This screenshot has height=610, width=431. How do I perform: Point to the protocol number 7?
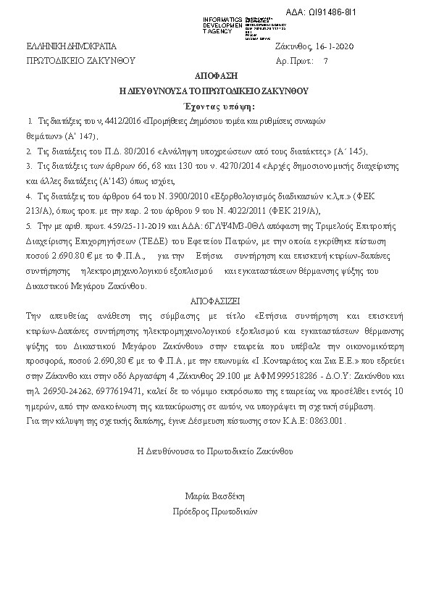(325, 62)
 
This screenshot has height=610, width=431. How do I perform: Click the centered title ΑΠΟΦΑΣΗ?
(214, 76)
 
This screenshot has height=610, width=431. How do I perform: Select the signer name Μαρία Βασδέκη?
(215, 496)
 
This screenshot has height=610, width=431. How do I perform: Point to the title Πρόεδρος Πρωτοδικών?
(215, 511)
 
